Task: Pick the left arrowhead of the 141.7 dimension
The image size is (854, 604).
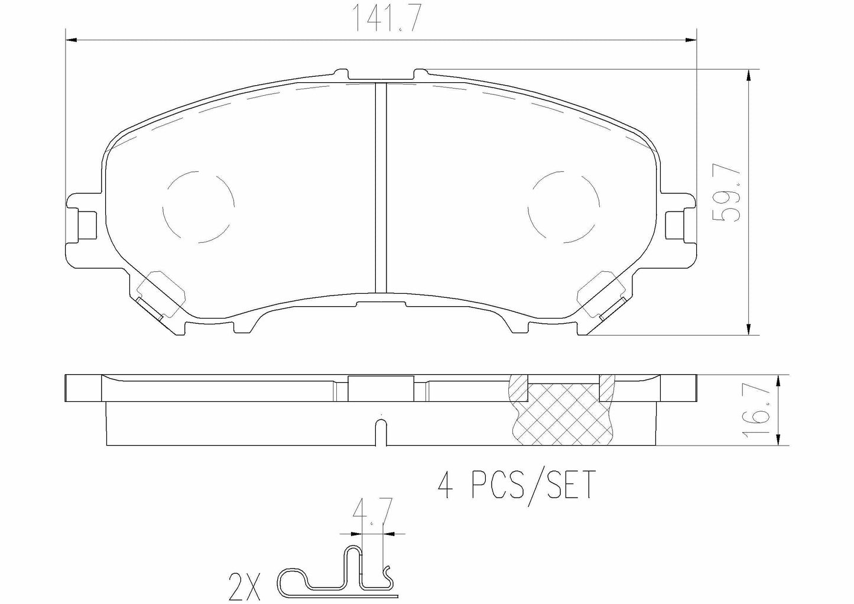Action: coord(70,40)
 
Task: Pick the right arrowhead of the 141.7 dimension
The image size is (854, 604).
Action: coord(691,40)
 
